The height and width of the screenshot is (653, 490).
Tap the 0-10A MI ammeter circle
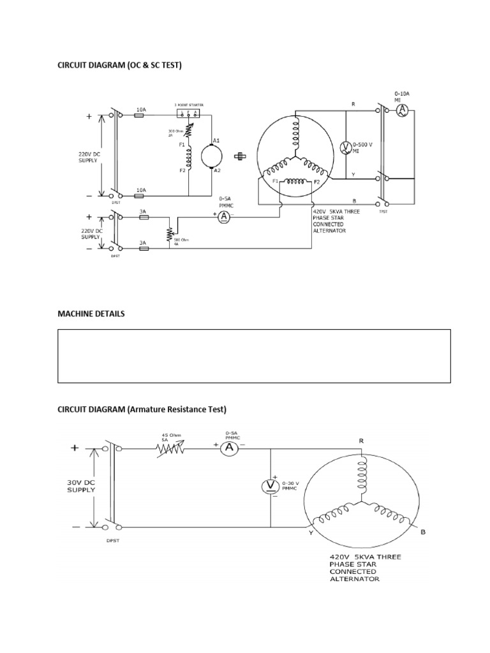coord(401,110)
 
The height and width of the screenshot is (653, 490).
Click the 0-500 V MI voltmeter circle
coord(345,147)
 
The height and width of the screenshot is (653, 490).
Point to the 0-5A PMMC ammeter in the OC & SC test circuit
coord(223,217)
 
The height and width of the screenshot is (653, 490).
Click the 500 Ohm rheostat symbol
coord(169,233)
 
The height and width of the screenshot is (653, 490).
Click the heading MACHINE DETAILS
coord(91,314)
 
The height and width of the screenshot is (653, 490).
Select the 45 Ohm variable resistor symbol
coord(171,449)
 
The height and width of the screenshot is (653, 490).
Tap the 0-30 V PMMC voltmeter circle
coord(270,487)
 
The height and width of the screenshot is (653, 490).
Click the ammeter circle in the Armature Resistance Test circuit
coord(230,449)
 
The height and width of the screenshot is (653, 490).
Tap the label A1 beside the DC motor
coord(216,140)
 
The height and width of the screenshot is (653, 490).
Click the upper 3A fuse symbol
coord(144,217)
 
